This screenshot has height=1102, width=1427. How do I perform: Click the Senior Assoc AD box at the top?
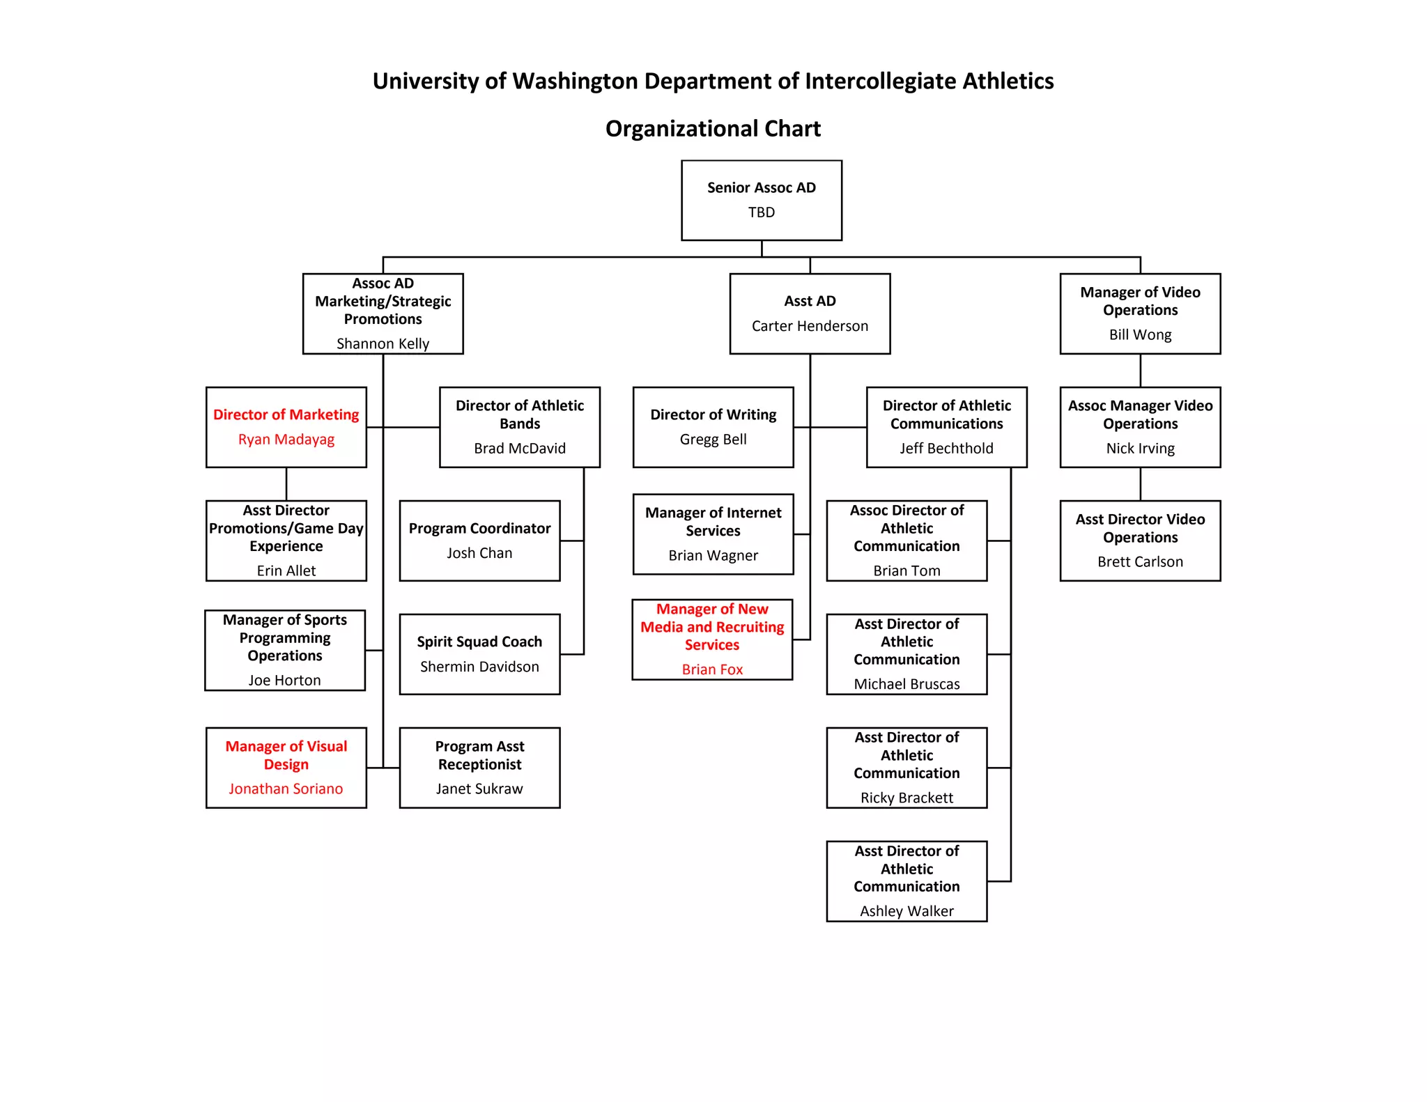coord(761,200)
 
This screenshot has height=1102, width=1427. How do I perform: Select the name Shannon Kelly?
coord(383,343)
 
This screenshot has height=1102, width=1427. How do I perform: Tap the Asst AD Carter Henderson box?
coord(810,313)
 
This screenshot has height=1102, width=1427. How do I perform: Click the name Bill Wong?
coord(1140,334)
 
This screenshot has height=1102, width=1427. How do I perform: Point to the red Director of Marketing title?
coord(286,414)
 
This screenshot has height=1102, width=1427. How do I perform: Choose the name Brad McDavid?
coord(520,448)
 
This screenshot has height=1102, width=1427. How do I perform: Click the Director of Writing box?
coord(713,426)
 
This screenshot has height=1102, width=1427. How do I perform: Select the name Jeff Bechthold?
coord(946,448)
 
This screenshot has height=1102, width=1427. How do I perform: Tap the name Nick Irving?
coord(1140,448)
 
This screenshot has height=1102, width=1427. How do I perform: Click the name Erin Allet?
coord(286,571)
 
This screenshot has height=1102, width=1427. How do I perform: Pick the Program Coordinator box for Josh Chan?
coord(479,540)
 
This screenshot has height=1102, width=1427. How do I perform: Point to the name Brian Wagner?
coord(713,555)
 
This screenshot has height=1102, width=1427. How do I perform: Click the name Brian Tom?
coord(907,571)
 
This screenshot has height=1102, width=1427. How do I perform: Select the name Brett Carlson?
coord(1140,561)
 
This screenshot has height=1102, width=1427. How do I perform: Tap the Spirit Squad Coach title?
coord(479,642)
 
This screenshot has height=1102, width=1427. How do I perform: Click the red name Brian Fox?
coord(712,669)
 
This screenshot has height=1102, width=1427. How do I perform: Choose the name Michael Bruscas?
coord(907,684)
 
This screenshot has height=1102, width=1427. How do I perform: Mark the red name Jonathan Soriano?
coord(286,789)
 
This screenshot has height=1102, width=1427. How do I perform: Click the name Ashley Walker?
coord(907,911)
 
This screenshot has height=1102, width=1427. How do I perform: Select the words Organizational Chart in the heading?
coord(713,129)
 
